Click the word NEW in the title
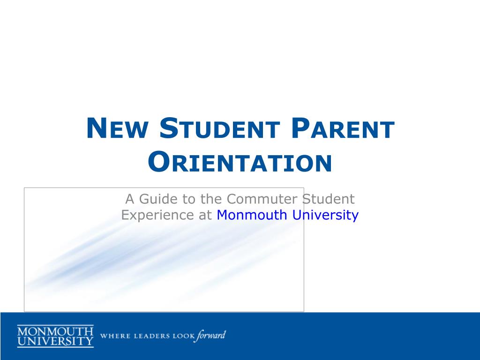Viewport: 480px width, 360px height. pyautogui.click(x=117, y=128)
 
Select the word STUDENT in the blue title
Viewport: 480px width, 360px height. pyautogui.click(x=219, y=128)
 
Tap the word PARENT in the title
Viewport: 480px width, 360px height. pyautogui.click(x=343, y=128)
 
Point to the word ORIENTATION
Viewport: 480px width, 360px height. pyautogui.click(x=240, y=162)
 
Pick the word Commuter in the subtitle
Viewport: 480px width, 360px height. pyautogui.click(x=262, y=199)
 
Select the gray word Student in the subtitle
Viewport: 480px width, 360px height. pyautogui.click(x=329, y=199)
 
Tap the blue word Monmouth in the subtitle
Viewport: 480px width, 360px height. pyautogui.click(x=252, y=215)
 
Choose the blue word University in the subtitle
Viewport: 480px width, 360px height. pyautogui.click(x=325, y=215)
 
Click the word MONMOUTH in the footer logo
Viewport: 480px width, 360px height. pyautogui.click(x=55, y=331)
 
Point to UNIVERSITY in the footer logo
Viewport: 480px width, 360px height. pyautogui.click(x=55, y=341)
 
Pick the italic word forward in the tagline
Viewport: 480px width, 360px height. pyautogui.click(x=211, y=336)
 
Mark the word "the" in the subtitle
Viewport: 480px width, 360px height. pyautogui.click(x=211, y=199)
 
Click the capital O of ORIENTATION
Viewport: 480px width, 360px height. pyautogui.click(x=159, y=162)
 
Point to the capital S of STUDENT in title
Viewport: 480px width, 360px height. pyautogui.click(x=169, y=128)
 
